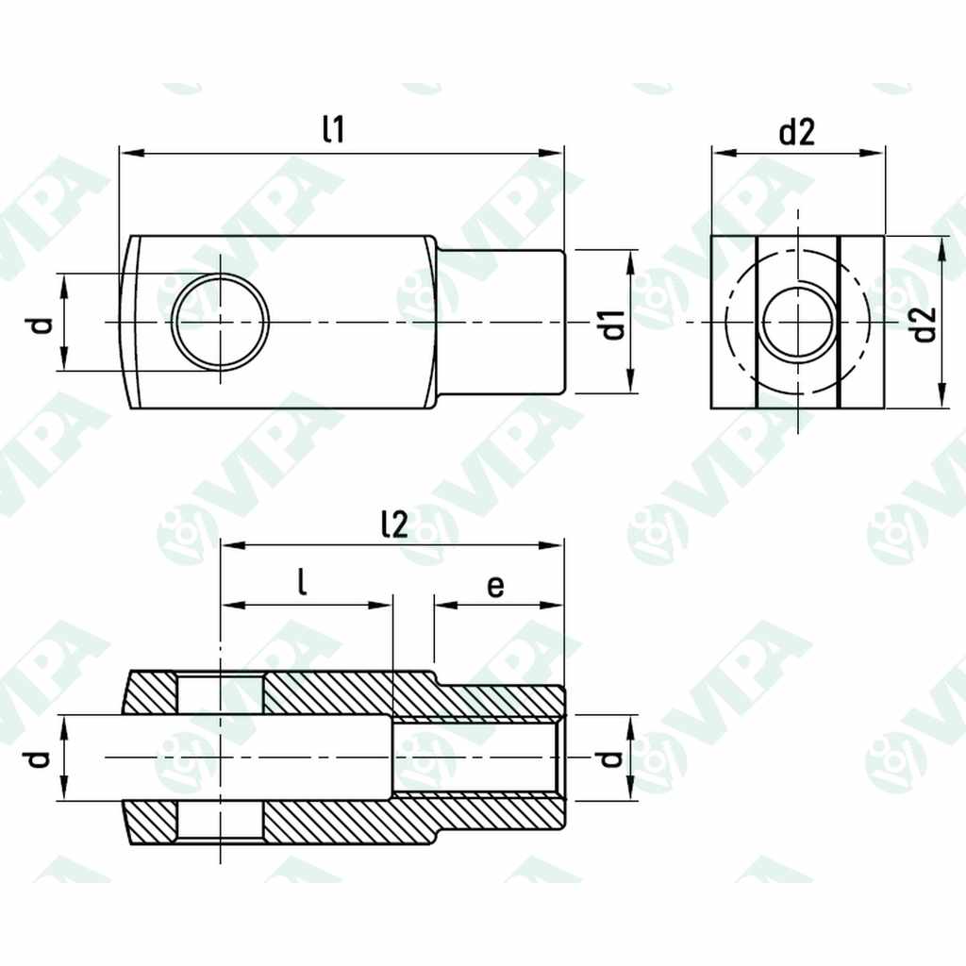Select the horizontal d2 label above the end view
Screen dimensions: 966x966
tap(796, 133)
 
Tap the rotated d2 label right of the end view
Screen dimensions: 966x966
tap(925, 324)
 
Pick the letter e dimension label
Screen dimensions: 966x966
tap(495, 586)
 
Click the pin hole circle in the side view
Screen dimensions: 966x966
tap(221, 322)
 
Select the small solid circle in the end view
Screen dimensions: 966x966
tap(798, 322)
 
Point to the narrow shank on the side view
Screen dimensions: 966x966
tap(500, 322)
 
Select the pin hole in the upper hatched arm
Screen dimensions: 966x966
tap(220, 694)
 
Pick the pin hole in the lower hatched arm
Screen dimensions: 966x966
tap(220, 822)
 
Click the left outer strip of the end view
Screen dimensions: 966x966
tap(733, 322)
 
